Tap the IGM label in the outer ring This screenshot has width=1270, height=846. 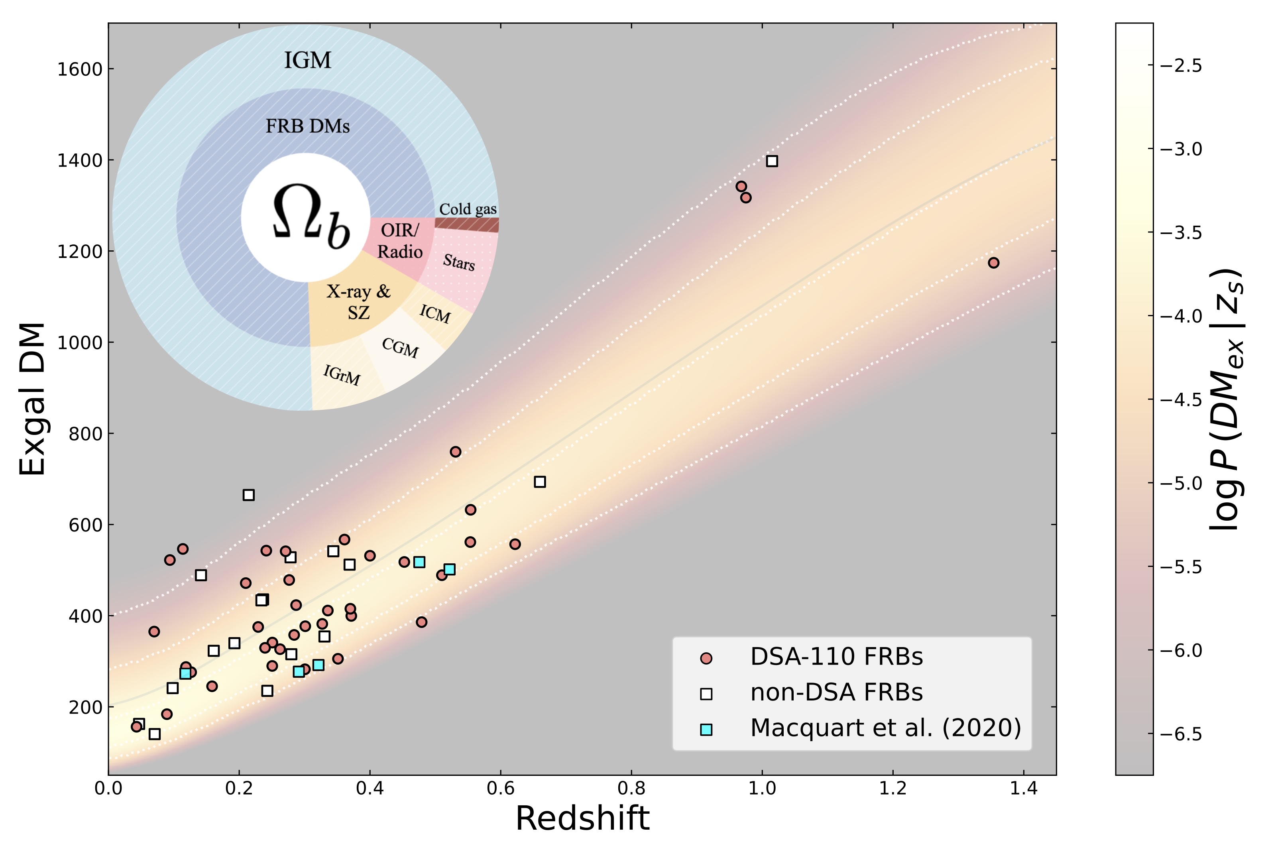(307, 60)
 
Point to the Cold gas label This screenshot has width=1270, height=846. (468, 209)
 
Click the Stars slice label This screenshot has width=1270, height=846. (458, 262)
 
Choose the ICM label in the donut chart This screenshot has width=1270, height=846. (435, 313)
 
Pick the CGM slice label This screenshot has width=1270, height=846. (400, 348)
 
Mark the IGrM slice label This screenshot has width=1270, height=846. (342, 374)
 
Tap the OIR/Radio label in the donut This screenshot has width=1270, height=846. (400, 241)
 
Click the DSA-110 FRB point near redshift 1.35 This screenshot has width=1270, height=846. (993, 263)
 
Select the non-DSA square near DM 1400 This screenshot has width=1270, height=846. (771, 161)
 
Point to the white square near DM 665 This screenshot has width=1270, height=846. (248, 495)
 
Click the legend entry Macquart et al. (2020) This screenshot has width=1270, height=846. (885, 728)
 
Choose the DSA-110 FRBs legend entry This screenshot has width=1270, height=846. (836, 657)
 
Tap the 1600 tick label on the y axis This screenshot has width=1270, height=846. (79, 69)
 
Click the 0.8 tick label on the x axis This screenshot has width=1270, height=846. (631, 788)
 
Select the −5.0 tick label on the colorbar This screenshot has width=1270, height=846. (1180, 483)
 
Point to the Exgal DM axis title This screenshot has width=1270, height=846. (32, 399)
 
